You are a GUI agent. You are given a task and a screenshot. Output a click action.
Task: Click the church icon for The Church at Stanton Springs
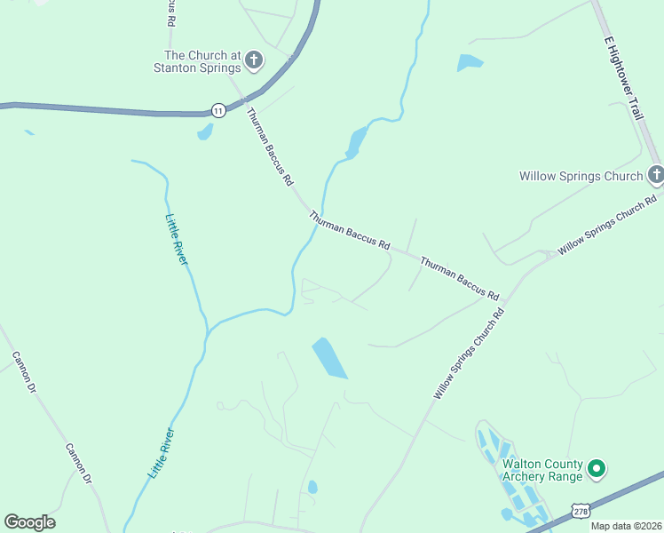tap(254, 61)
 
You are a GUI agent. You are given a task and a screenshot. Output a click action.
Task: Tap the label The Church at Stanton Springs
tap(197, 61)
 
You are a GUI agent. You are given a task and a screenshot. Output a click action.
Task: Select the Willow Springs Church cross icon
tap(655, 175)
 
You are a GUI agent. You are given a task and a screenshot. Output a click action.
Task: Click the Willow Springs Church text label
tap(581, 176)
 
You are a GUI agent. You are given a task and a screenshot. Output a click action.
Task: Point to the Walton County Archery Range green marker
tap(597, 467)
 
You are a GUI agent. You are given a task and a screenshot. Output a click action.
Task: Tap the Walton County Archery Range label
tap(541, 470)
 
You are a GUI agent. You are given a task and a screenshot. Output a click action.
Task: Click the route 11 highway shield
tap(218, 110)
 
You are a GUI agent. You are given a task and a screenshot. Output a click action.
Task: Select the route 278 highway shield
tap(580, 512)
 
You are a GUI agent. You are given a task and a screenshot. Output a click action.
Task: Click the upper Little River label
tap(177, 238)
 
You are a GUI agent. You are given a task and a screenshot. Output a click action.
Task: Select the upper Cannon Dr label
tap(23, 373)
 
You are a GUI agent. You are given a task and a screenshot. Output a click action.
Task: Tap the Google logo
tap(29, 522)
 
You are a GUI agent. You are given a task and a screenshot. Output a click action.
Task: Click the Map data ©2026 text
tap(626, 526)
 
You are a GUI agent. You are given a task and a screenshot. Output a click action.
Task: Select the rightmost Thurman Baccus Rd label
tap(459, 278)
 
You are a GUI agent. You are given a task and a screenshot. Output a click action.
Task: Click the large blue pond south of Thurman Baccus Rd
tap(329, 358)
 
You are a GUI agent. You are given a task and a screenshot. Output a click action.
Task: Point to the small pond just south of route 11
tap(206, 132)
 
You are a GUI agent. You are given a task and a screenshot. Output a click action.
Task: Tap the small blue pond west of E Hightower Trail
tap(470, 62)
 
